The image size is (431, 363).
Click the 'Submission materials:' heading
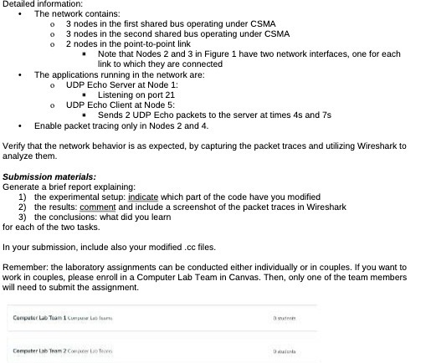pos(49,176)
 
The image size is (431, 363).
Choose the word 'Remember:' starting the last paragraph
pos(24,268)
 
